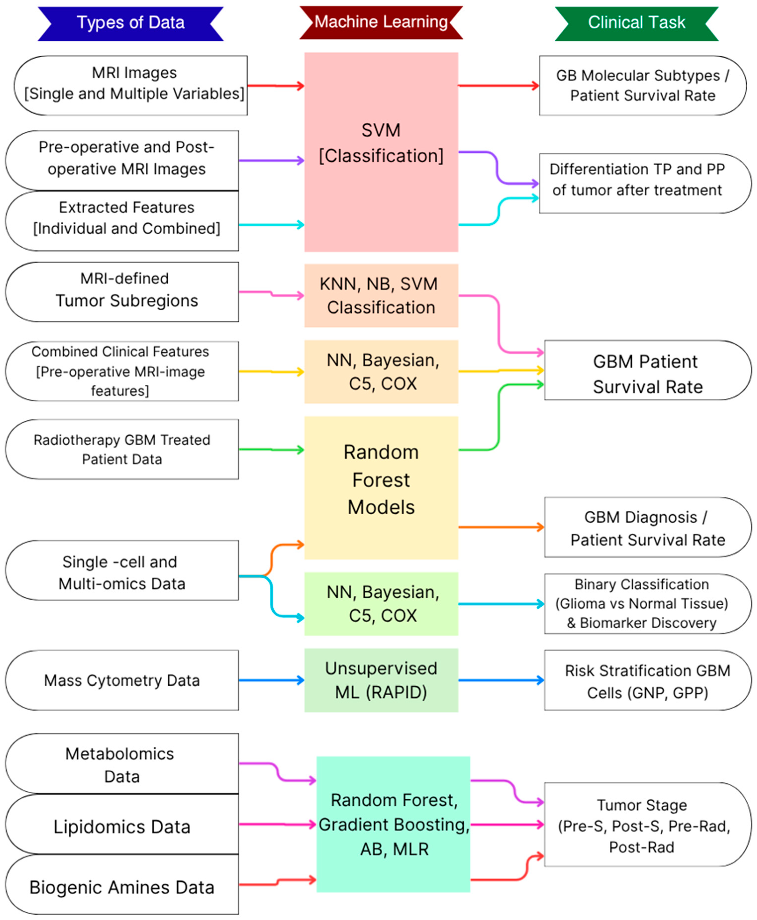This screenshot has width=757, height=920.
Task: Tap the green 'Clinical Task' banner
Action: point(637,24)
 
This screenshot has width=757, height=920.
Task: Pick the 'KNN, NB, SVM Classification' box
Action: point(381,296)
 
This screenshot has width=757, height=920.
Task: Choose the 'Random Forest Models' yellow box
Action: point(381,487)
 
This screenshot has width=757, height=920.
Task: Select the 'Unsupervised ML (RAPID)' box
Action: point(381,680)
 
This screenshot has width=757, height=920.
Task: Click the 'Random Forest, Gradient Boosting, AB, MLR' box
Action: point(393,824)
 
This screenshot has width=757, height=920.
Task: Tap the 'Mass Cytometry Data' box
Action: point(122,680)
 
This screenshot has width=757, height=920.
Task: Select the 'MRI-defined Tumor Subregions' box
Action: point(122,292)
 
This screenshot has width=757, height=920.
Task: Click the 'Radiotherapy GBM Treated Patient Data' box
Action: point(122,449)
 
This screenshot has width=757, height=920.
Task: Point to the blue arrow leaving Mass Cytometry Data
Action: point(271,680)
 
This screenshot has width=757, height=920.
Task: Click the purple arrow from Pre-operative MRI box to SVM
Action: point(271,160)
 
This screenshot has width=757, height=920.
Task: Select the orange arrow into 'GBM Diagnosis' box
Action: point(501,527)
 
